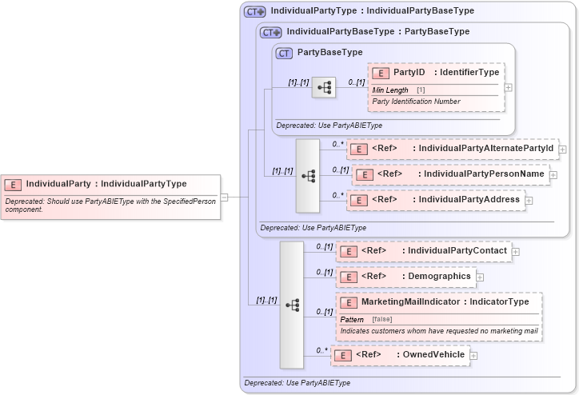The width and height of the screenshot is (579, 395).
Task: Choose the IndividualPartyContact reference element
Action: pos(423,251)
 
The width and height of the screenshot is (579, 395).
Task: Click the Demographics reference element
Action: pos(405,277)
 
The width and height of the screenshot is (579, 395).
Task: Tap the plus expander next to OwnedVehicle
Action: pos(474,355)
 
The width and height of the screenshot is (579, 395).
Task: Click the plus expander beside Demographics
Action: pos(480,277)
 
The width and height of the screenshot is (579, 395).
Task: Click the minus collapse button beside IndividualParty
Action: pos(225,197)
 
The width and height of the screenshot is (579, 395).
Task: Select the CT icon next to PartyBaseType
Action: pos(283,53)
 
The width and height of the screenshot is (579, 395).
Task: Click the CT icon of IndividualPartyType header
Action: pos(254,11)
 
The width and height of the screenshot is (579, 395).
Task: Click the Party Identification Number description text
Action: pos(416,102)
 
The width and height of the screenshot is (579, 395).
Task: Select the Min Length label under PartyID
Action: pos(390,90)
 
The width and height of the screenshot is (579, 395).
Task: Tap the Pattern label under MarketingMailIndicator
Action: pos(353,319)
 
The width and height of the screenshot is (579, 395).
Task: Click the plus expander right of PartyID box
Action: pos(509,87)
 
